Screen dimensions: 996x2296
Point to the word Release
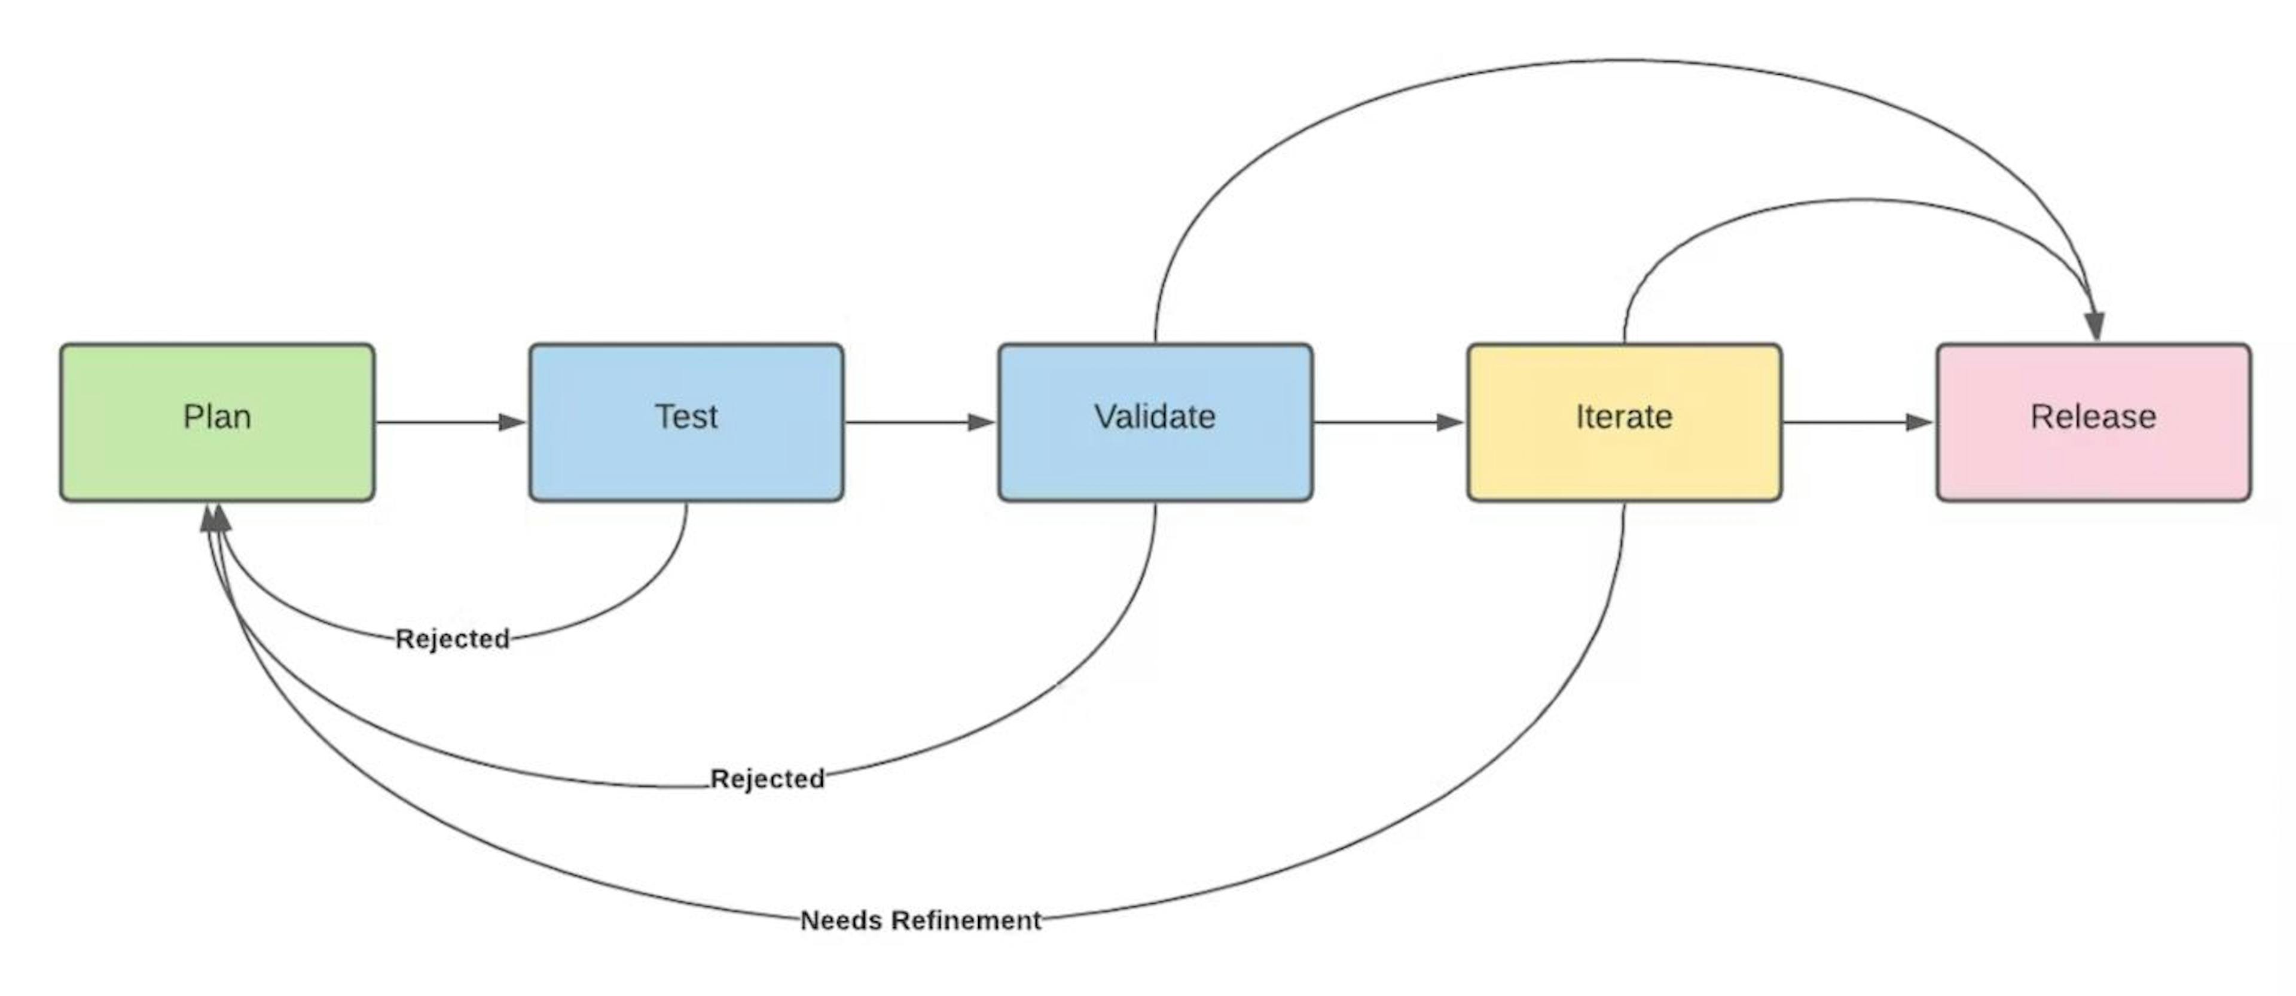tap(2093, 416)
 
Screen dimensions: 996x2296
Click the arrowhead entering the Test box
tap(512, 422)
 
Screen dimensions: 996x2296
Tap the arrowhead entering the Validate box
tap(981, 422)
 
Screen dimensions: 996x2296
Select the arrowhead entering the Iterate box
tap(1450, 422)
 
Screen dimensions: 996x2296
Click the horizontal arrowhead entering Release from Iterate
tap(1919, 422)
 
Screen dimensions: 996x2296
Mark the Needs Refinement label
tap(921, 920)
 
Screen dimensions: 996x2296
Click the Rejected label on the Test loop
tap(453, 638)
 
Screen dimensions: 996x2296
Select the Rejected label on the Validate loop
tap(767, 778)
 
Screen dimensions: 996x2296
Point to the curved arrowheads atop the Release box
tap(2095, 325)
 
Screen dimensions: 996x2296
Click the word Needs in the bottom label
tap(841, 920)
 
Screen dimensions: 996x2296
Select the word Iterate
tap(1624, 416)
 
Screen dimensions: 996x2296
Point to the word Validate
tap(1155, 416)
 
